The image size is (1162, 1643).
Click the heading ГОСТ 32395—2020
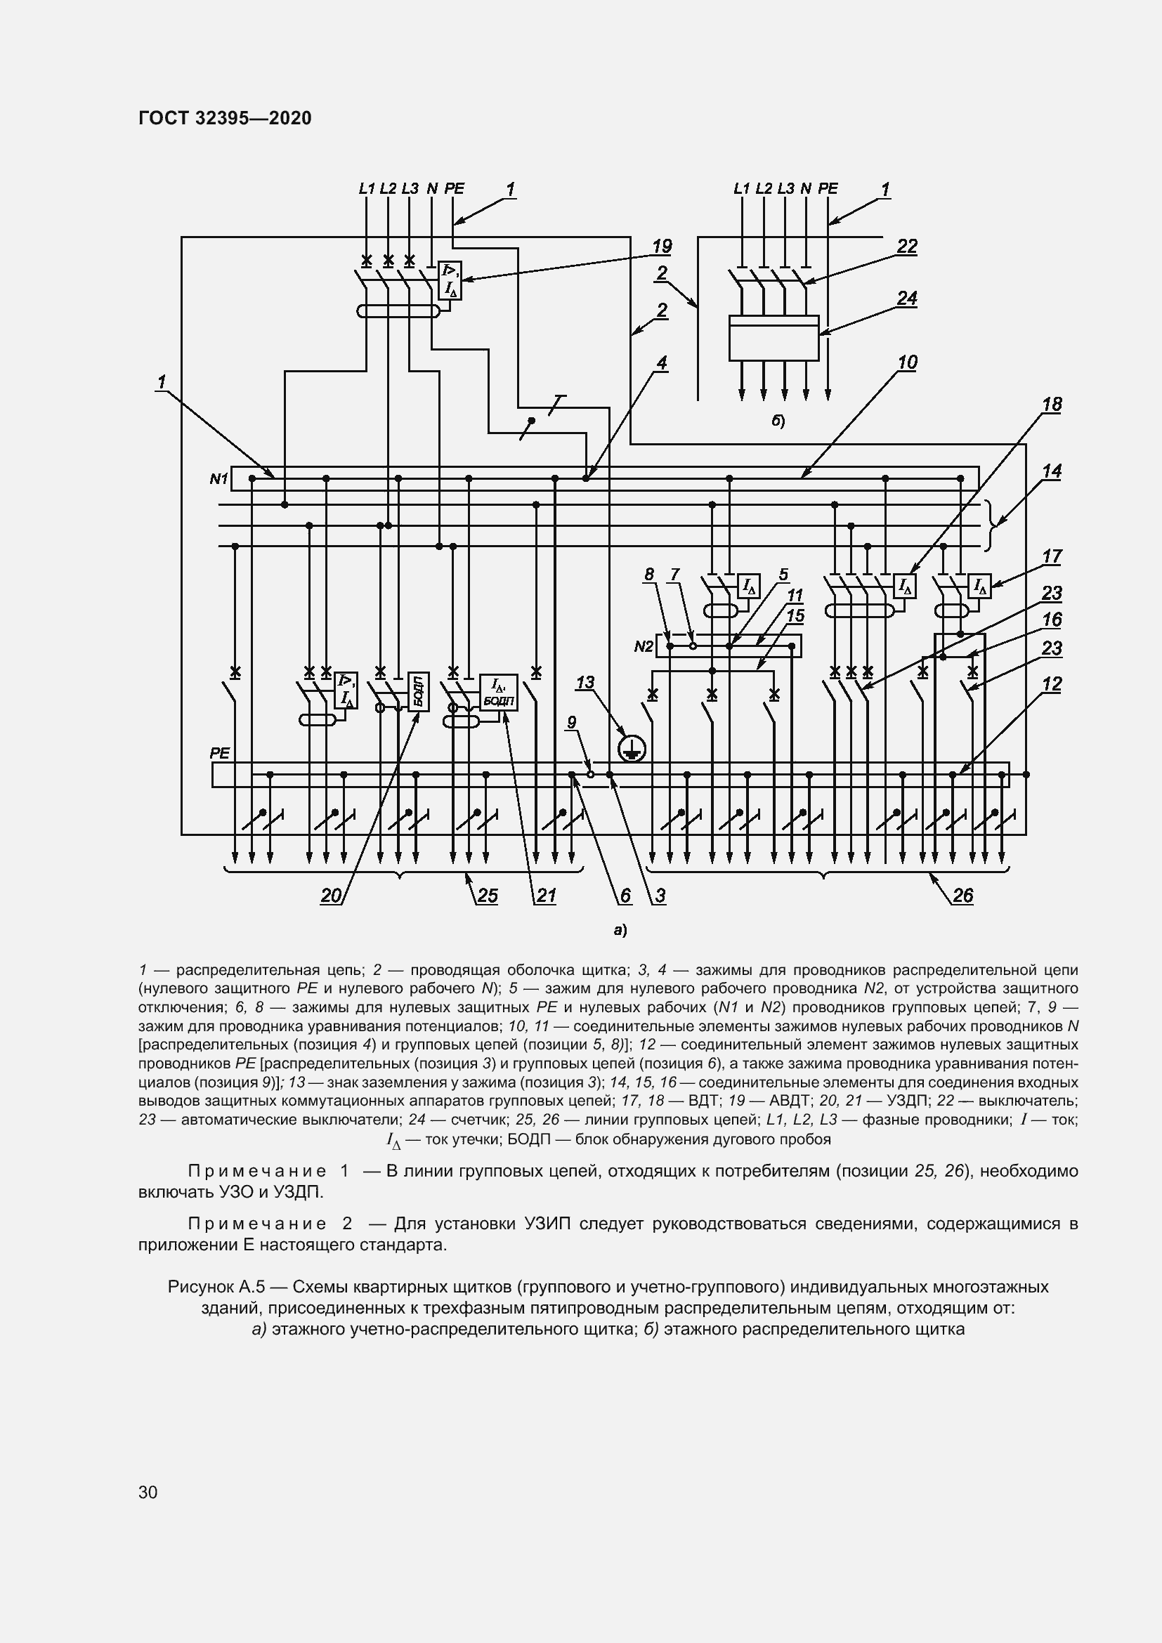pyautogui.click(x=225, y=118)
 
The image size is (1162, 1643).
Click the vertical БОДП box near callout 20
pyautogui.click(x=419, y=691)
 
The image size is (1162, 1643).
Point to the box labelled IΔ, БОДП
pyautogui.click(x=498, y=692)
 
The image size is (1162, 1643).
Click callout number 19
pyautogui.click(x=662, y=247)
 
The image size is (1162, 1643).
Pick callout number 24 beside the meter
pyautogui.click(x=906, y=298)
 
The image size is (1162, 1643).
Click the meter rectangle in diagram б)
pyautogui.click(x=773, y=338)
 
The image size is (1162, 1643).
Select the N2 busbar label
pyautogui.click(x=644, y=647)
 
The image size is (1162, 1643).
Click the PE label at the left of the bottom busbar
pyautogui.click(x=220, y=754)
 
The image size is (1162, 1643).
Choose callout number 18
pyautogui.click(x=1052, y=405)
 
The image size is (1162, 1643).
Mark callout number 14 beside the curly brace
pyautogui.click(x=1052, y=471)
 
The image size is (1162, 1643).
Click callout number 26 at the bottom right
pyautogui.click(x=963, y=896)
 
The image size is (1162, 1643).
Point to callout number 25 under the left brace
pyautogui.click(x=488, y=896)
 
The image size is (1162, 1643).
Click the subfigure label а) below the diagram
pyautogui.click(x=620, y=931)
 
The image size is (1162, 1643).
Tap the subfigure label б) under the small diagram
pyautogui.click(x=778, y=421)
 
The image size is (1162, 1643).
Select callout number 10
pyautogui.click(x=907, y=362)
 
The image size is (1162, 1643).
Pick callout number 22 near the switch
pyautogui.click(x=906, y=247)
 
